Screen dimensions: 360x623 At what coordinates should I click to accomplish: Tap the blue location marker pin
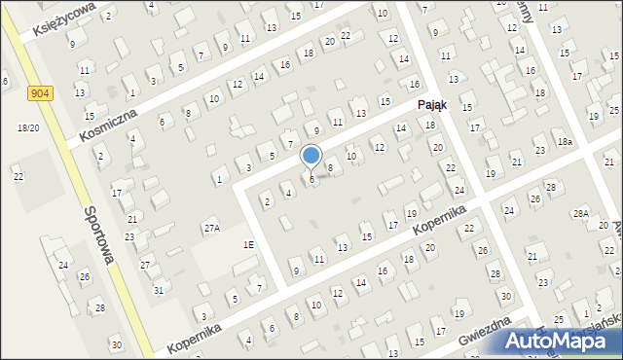coord(311,156)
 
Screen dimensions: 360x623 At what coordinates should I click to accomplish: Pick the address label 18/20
coord(28,128)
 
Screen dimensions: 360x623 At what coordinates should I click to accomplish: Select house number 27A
coord(211,228)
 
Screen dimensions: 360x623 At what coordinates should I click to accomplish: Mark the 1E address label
coord(249,245)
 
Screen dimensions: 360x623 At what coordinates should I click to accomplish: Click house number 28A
coord(581,213)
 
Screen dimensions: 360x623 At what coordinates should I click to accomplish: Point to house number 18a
coord(565,142)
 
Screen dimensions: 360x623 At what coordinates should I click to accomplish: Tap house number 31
coord(159,290)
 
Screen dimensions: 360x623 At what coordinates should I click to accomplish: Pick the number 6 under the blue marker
coord(311,179)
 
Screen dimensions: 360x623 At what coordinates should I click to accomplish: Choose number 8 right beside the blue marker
coord(330,168)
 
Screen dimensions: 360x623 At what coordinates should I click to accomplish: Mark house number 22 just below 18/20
coord(18,176)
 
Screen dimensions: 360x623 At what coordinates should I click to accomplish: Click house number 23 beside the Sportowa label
coord(129,236)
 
